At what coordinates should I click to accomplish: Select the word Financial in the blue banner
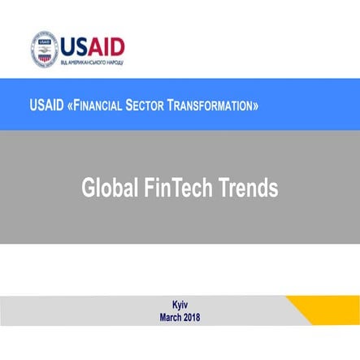tap(98, 106)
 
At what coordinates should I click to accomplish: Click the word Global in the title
tap(108, 188)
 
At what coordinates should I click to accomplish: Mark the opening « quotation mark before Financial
tap(68, 106)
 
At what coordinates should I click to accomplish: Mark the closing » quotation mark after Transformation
tap(256, 106)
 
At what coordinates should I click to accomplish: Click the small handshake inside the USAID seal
tap(45, 51)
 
